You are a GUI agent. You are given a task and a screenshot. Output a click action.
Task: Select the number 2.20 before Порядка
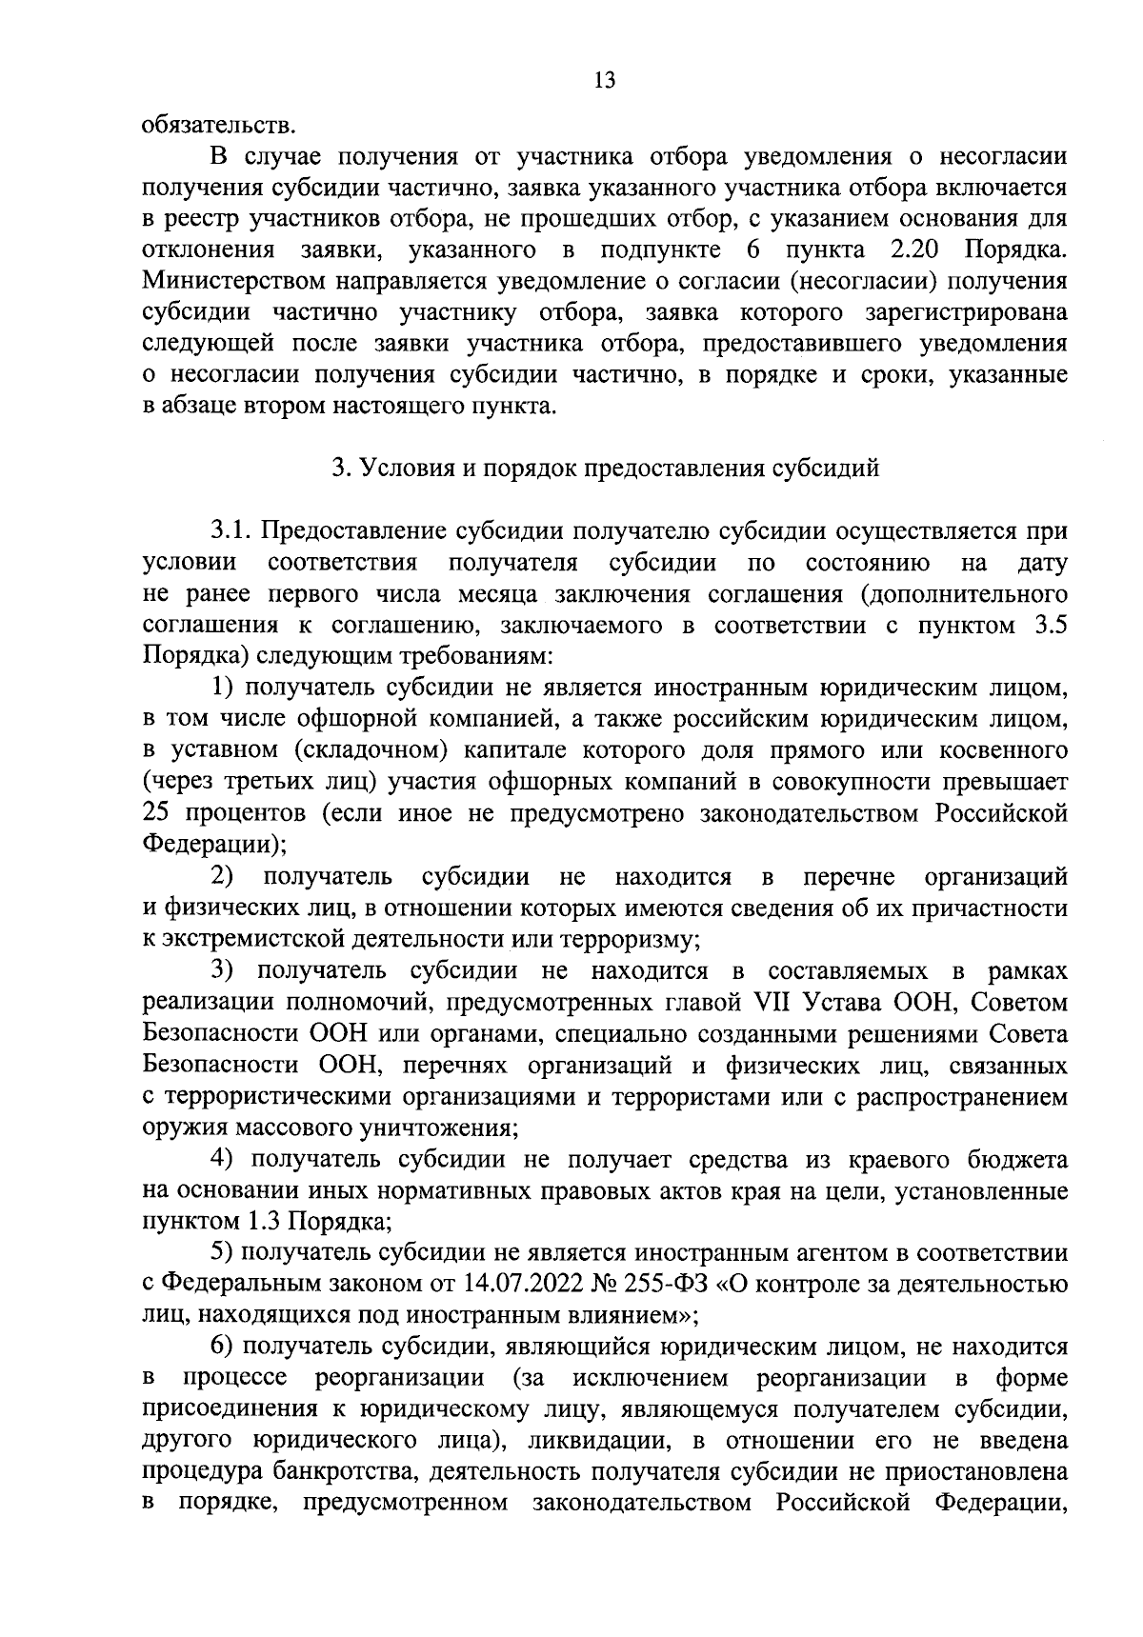913,250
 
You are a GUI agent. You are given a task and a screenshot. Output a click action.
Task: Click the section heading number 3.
336,469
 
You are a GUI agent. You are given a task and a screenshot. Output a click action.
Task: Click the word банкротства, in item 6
347,1473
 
